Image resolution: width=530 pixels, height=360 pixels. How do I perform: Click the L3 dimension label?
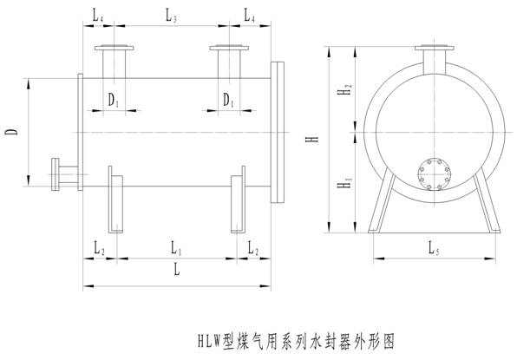point(172,16)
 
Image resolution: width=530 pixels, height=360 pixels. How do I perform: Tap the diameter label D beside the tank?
point(12,132)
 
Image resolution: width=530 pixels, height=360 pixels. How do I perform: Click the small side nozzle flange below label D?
point(57,174)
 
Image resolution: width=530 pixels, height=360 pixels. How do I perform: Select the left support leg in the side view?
point(114,200)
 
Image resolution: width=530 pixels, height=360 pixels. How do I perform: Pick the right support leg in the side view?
point(238,204)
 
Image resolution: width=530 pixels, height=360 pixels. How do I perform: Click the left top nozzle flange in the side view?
point(114,49)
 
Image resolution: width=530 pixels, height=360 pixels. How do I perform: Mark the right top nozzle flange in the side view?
point(230,49)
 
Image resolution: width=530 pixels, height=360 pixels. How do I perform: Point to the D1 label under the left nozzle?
point(114,101)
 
